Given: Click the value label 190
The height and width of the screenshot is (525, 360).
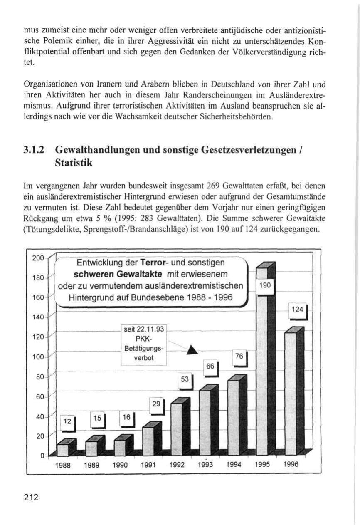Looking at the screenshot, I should pos(265,285).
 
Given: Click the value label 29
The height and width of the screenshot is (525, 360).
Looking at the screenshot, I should pos(156,404).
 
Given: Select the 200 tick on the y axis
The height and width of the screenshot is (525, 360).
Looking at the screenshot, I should pos(38,258).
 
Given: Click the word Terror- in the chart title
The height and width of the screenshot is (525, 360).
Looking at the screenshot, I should pos(154,263).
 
